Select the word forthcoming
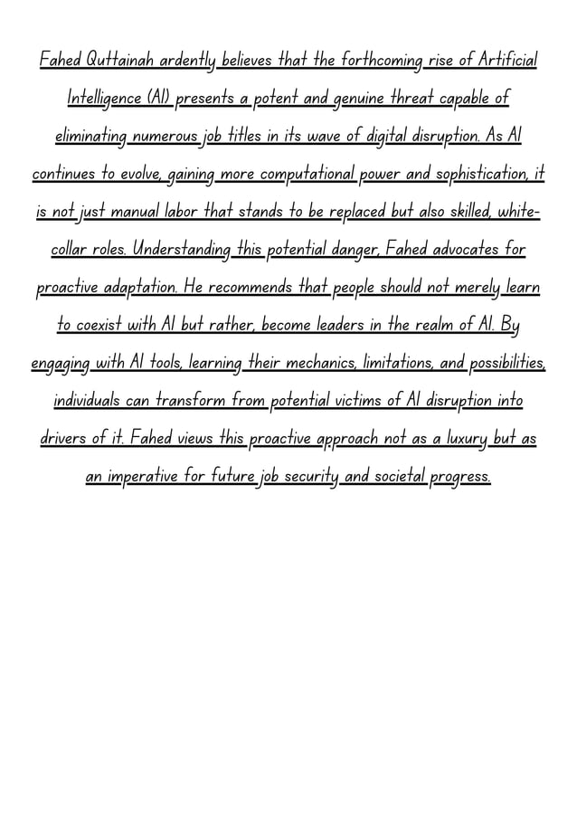coord(380,61)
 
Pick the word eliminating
coord(90,136)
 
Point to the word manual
coord(137,212)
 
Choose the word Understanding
coord(180,249)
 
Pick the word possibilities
coord(507,363)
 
